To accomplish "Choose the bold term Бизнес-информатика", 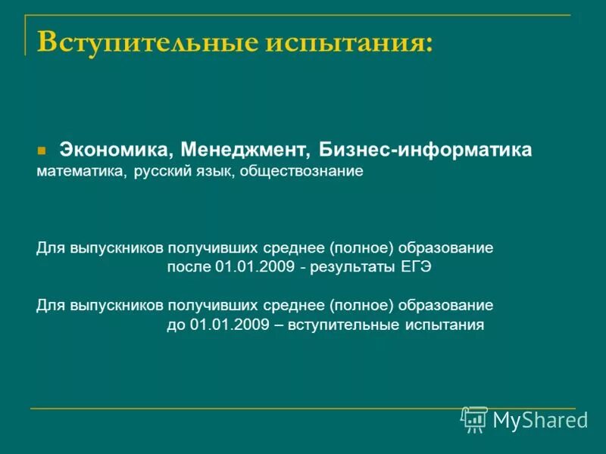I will click(x=425, y=149).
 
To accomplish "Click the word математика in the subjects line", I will click(x=81, y=172).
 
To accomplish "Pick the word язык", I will click(x=214, y=172).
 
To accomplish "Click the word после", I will click(x=189, y=268).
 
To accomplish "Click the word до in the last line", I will click(x=176, y=325).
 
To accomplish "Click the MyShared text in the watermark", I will click(x=540, y=420).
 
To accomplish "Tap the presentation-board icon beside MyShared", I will click(x=474, y=420).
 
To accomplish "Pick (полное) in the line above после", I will click(x=362, y=248).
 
